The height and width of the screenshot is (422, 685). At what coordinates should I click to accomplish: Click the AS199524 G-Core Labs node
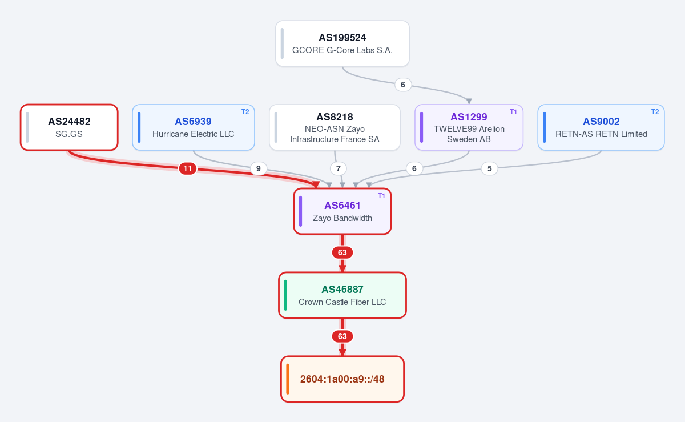tap(342, 43)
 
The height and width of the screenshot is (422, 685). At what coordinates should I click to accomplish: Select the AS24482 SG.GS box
tap(69, 127)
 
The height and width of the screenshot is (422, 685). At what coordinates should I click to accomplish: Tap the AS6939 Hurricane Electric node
tap(194, 127)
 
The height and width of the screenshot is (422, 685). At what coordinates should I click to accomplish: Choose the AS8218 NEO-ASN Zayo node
tap(335, 127)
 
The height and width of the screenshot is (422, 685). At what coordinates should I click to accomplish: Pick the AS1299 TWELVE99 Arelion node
tap(469, 127)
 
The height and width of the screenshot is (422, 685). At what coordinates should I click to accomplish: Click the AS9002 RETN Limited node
tap(601, 127)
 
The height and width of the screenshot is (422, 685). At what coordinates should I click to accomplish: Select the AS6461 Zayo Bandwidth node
tap(342, 211)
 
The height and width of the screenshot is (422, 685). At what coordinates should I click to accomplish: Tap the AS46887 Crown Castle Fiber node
tap(342, 295)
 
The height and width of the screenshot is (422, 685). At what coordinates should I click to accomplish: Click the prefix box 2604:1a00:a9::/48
tap(342, 379)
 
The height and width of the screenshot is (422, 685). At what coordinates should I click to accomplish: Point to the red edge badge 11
tap(187, 168)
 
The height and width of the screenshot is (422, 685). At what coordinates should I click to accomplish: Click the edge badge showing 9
tap(259, 168)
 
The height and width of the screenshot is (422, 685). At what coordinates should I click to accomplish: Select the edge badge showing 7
tap(338, 168)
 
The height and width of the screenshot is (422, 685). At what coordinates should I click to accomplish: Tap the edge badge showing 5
tap(489, 168)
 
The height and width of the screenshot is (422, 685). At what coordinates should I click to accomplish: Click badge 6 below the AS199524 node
tap(403, 85)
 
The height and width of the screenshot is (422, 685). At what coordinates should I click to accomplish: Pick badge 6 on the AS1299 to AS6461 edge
tap(414, 168)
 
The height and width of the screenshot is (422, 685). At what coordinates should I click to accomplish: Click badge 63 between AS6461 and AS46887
tap(342, 252)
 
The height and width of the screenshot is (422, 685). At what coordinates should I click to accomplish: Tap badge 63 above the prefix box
tap(342, 336)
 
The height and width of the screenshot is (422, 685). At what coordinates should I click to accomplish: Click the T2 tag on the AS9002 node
tap(655, 112)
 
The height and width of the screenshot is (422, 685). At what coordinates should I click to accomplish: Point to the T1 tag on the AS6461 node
tap(381, 195)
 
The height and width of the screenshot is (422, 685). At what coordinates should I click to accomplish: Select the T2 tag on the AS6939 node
tap(245, 112)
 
